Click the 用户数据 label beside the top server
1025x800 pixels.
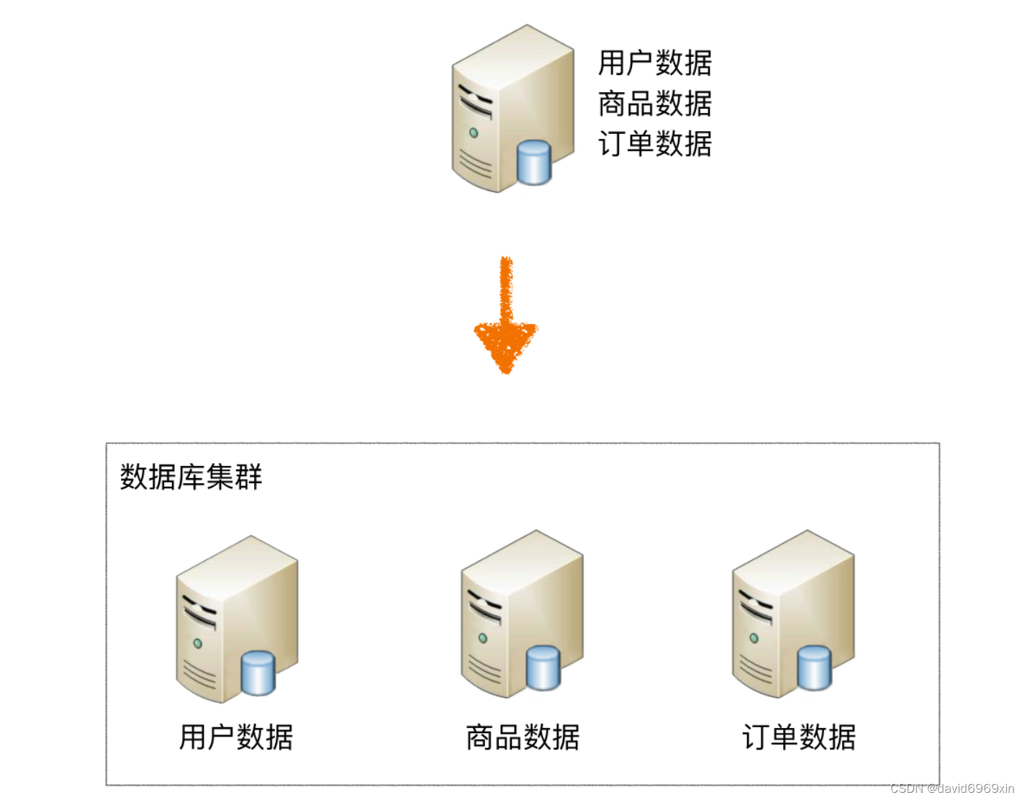tap(654, 63)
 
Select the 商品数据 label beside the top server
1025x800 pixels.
tap(654, 104)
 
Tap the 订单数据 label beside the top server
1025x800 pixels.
tap(654, 144)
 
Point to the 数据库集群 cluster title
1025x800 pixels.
tap(191, 477)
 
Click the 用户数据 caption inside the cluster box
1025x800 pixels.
tap(236, 737)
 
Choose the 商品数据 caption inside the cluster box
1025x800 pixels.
tap(523, 737)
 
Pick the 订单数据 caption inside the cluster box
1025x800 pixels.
tap(799, 737)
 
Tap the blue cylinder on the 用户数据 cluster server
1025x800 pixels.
tap(258, 673)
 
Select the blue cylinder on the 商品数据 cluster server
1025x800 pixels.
tap(543, 668)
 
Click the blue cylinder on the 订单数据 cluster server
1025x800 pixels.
tap(814, 668)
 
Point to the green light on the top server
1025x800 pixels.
tap(474, 132)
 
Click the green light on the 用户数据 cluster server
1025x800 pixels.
tap(197, 643)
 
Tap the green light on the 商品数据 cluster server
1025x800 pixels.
tap(483, 638)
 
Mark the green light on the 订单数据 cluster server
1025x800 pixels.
tap(754, 638)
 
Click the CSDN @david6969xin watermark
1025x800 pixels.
tap(952, 789)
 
